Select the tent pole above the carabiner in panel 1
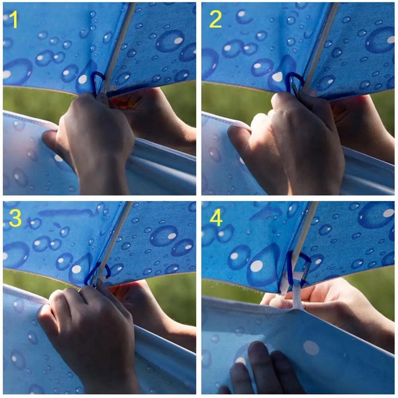pos(119,46)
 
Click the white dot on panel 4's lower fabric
pos(311,347)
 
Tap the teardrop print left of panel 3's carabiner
pos(79,269)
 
